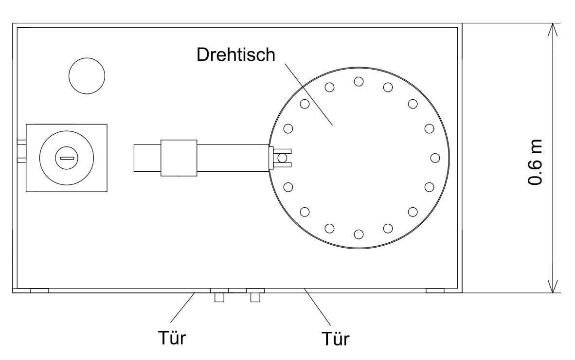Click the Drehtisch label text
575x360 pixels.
tap(236, 55)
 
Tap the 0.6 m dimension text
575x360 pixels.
tap(536, 161)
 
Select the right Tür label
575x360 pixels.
tap(336, 338)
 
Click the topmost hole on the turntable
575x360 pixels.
tap(359, 81)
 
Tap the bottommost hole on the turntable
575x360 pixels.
tap(359, 234)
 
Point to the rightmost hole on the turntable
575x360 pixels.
tap(435, 158)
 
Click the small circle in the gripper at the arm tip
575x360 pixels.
tap(282, 158)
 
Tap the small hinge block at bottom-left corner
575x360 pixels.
tap(39, 290)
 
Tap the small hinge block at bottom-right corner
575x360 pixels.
tap(435, 290)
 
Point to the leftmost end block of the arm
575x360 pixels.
tap(147, 158)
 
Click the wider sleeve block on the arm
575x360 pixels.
tap(179, 158)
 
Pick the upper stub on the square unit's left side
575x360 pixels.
tap(21, 143)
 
